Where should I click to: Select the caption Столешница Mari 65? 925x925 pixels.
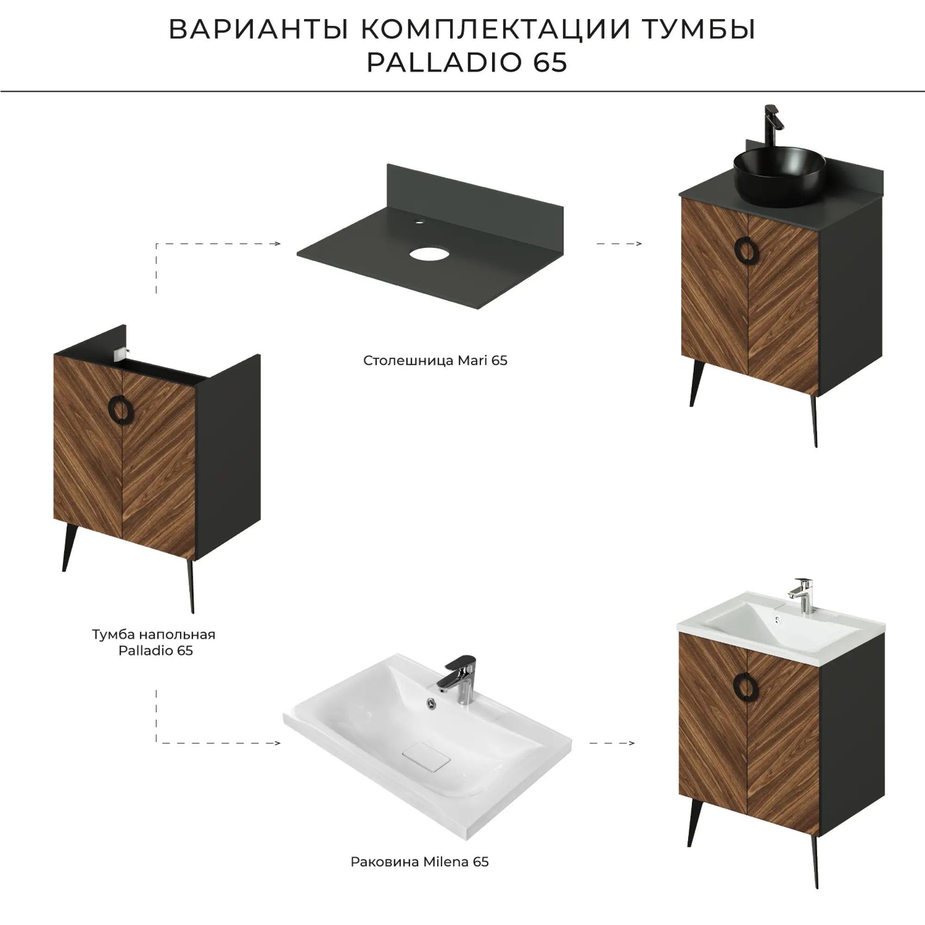[x=435, y=361]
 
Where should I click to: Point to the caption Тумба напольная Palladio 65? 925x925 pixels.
[x=154, y=642]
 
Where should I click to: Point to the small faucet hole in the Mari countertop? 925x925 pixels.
[x=420, y=222]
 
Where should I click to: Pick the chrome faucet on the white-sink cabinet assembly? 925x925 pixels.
[x=801, y=595]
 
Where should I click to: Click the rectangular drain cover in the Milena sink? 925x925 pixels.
[x=426, y=757]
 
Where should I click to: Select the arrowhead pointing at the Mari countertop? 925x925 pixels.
[x=277, y=244]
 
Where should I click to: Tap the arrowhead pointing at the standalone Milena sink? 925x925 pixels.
[x=277, y=743]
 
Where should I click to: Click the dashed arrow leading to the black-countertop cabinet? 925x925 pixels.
[x=619, y=244]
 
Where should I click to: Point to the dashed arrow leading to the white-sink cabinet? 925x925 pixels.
[x=612, y=743]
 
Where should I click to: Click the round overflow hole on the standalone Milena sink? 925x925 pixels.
[x=432, y=704]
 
